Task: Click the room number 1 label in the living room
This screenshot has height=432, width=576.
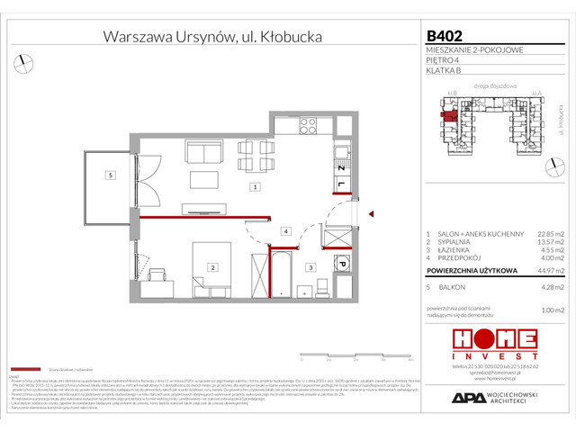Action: (256, 187)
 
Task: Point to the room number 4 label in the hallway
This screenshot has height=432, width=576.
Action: (284, 232)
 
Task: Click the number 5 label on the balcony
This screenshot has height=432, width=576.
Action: (108, 175)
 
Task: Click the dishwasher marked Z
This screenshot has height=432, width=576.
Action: (342, 169)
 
